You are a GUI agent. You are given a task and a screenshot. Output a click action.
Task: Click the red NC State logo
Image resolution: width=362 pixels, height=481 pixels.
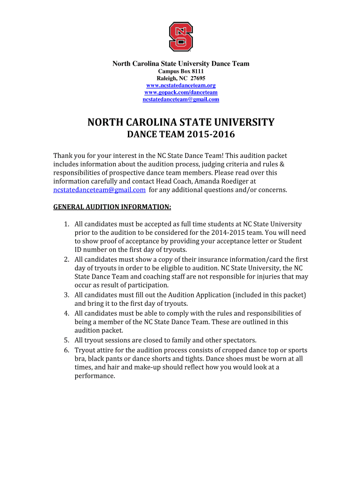pyautogui.click(x=181, y=36)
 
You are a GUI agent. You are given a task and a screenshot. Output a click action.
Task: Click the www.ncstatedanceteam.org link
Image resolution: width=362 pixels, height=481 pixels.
pyautogui.click(x=181, y=85)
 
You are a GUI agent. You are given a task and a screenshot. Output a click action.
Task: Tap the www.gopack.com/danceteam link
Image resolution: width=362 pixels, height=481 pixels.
pyautogui.click(x=181, y=93)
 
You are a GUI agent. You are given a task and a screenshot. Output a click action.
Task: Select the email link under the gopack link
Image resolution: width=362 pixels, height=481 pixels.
pyautogui.click(x=181, y=100)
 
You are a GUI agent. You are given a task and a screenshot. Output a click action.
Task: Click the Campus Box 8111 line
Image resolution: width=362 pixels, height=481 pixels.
pyautogui.click(x=181, y=71)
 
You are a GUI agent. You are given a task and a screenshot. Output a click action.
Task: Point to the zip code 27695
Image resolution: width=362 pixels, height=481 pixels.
pyautogui.click(x=197, y=78)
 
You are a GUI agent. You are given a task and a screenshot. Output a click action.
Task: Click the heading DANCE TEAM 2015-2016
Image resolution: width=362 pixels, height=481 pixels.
pyautogui.click(x=181, y=135)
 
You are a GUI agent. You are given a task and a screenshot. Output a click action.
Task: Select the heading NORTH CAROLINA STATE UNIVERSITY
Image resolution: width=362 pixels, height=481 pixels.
pyautogui.click(x=181, y=123)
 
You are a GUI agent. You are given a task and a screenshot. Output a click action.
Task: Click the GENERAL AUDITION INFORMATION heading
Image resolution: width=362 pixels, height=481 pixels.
pyautogui.click(x=112, y=207)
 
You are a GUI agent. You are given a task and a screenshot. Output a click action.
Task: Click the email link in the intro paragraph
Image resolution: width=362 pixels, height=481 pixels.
pyautogui.click(x=99, y=190)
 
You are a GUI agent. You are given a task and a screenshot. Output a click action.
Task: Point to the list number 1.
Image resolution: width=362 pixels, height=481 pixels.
pyautogui.click(x=67, y=225)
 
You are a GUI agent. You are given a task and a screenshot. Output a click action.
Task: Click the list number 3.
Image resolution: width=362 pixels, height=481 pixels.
pyautogui.click(x=67, y=295)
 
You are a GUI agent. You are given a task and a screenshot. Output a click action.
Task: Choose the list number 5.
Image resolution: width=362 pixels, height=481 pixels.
pyautogui.click(x=67, y=340)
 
